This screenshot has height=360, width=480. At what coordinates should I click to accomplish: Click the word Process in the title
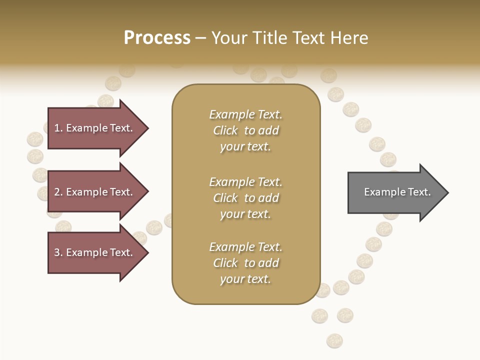click(157, 37)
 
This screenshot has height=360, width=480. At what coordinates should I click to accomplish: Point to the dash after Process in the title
click(201, 38)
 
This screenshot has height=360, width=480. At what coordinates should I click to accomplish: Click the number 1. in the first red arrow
click(58, 128)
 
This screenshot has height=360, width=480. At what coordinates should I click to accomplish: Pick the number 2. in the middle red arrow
click(58, 192)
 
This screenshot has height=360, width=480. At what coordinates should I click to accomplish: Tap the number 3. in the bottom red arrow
click(58, 252)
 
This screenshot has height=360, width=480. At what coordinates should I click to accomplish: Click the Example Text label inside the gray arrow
click(397, 192)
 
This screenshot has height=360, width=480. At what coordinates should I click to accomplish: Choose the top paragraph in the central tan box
click(245, 130)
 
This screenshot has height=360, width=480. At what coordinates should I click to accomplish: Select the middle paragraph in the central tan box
click(245, 198)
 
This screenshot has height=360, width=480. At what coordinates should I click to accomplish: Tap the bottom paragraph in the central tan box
click(245, 263)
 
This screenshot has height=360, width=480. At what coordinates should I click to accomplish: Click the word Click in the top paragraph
click(225, 130)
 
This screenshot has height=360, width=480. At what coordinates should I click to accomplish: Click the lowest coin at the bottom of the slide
click(334, 341)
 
